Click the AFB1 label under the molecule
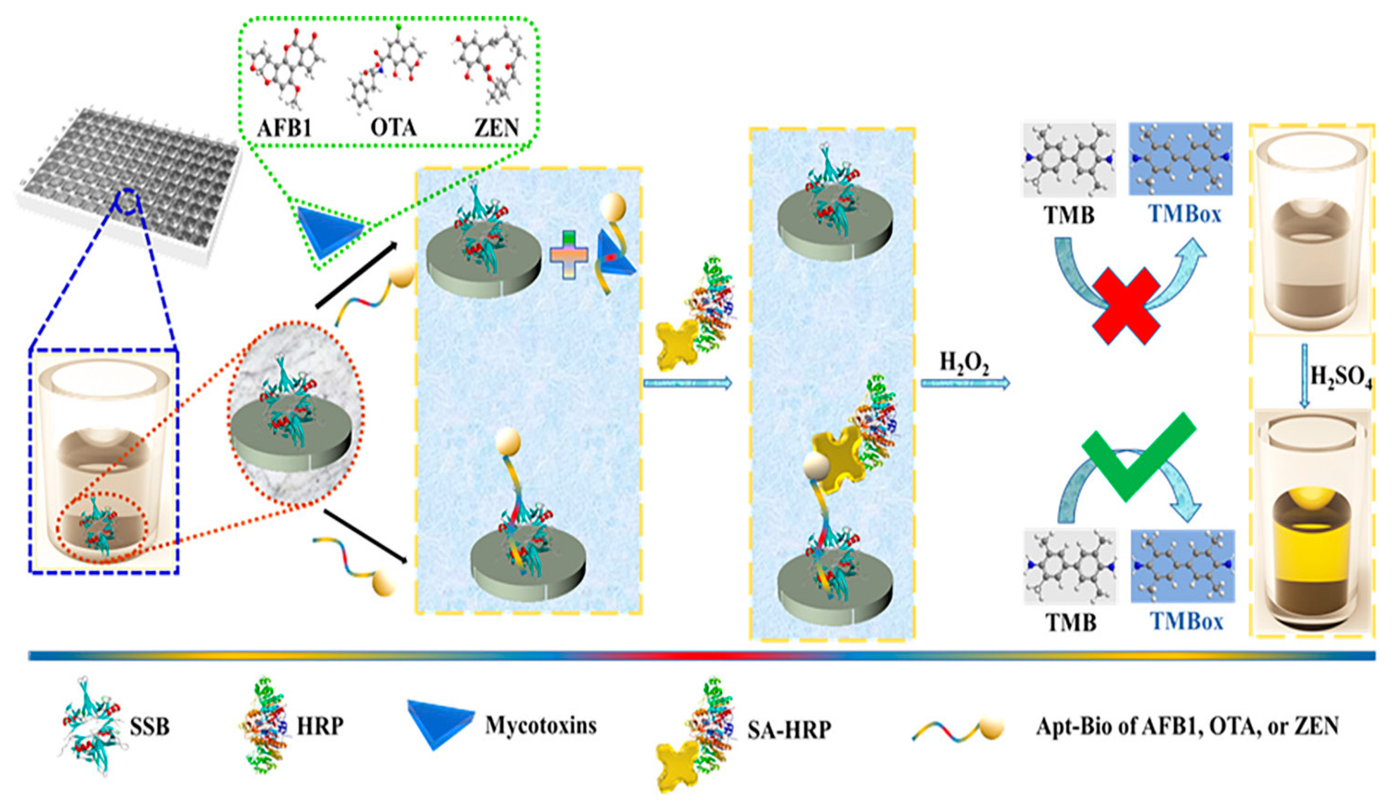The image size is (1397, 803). click(284, 128)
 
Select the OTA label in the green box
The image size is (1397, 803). click(393, 128)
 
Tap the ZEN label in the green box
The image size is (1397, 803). click(496, 128)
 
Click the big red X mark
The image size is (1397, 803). click(1126, 306)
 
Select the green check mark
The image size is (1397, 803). click(1136, 455)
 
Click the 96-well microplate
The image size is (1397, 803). click(130, 182)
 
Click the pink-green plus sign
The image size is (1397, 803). click(569, 255)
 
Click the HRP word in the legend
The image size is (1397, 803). click(320, 726)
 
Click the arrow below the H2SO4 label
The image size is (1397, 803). click(1304, 375)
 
